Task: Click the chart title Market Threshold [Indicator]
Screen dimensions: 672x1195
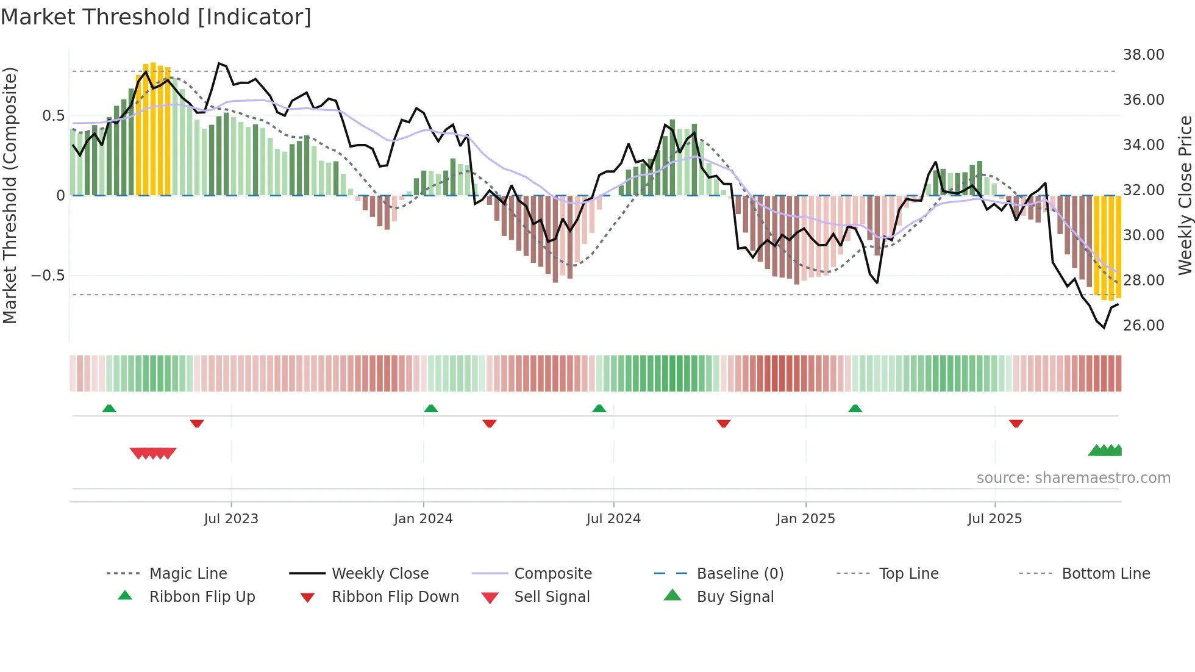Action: pos(156,17)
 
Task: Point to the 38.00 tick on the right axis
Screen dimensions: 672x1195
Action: pos(1143,55)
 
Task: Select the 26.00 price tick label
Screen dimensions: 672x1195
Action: pos(1143,325)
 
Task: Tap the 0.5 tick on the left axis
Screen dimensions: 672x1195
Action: pos(53,116)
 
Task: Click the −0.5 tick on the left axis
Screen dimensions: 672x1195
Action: pos(48,276)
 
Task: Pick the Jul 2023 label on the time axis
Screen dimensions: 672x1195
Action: pos(231,519)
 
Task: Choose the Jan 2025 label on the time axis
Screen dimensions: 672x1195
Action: pos(805,519)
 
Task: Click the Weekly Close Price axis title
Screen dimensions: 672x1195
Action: pos(1184,195)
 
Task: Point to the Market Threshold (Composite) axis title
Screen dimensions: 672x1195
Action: pos(10,195)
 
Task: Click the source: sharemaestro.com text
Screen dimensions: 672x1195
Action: pos(1073,478)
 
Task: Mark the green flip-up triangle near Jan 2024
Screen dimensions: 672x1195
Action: pos(431,409)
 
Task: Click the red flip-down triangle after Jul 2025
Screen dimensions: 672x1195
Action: pos(1016,423)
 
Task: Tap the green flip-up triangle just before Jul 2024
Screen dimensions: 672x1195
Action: pos(599,409)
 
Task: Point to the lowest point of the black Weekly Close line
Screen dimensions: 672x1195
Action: pos(1104,327)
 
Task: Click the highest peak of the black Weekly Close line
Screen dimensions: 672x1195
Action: pos(219,63)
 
